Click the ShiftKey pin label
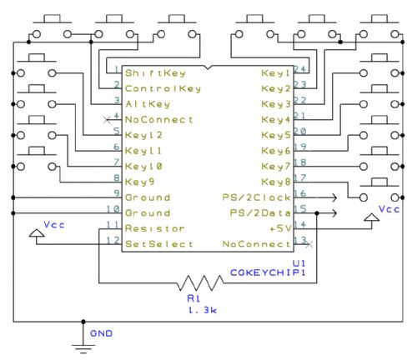[x=155, y=73]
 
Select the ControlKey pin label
[x=163, y=88]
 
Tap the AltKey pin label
[x=148, y=104]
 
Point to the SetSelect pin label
[x=159, y=244]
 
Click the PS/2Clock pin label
[x=256, y=197]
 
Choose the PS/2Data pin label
[x=260, y=213]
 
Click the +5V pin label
[x=280, y=228]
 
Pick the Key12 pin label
[x=143, y=135]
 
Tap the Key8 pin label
[x=276, y=182]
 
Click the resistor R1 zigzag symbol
[x=200, y=283]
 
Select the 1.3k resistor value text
[x=203, y=310]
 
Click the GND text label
[x=101, y=333]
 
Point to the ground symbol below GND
[x=83, y=349]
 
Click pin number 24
[x=300, y=68]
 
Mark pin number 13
[x=300, y=240]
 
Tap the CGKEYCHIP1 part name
[x=268, y=272]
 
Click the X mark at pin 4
[x=107, y=120]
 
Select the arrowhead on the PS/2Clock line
[x=334, y=197]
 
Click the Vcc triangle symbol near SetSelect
[x=37, y=233]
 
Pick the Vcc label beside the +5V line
[x=389, y=209]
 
